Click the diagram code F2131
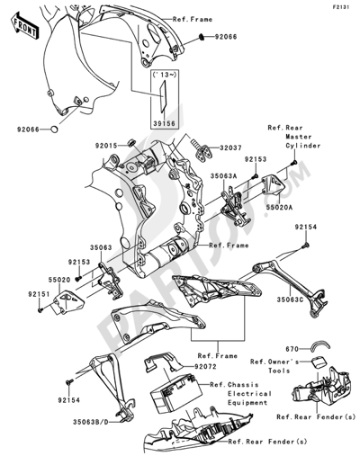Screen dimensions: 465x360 pos(340,6)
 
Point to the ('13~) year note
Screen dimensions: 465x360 pos(162,75)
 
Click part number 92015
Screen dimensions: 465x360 pos(105,143)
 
